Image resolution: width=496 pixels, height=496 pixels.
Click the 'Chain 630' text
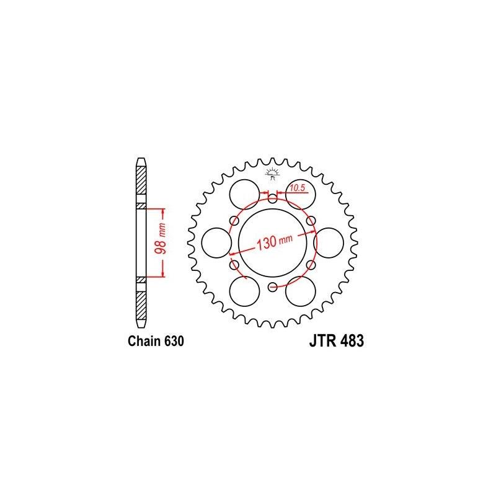coord(155,342)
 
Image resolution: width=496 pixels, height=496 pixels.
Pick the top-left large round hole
coord(242,193)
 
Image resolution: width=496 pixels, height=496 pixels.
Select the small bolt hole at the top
coord(273,198)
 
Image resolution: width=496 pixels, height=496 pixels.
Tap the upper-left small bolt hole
coord(234,220)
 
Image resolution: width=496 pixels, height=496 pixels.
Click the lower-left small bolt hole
coord(234,265)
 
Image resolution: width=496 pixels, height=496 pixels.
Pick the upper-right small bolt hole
coord(311,220)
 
